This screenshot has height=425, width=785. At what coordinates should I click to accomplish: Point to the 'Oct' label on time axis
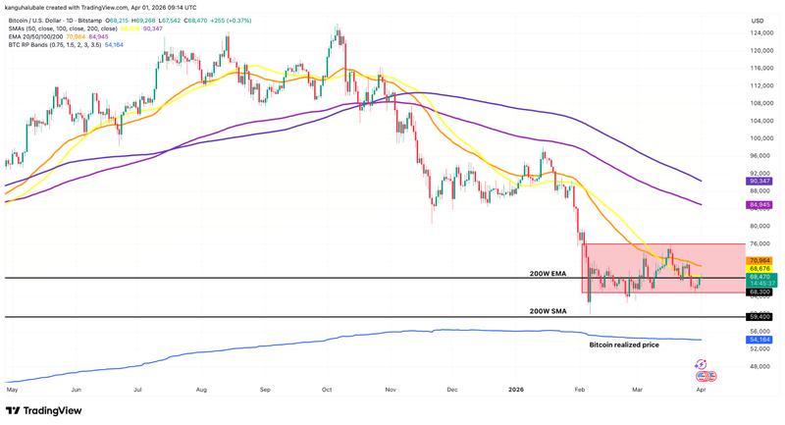click(326, 389)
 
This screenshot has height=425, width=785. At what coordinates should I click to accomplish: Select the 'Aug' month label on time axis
click(201, 389)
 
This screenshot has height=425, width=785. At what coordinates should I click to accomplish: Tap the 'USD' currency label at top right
click(758, 20)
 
